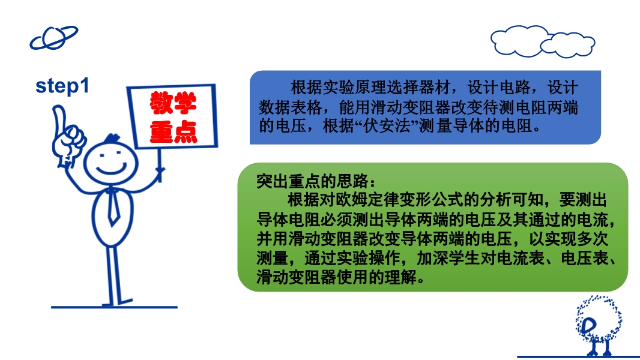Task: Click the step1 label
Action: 62,86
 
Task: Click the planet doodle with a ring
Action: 53,38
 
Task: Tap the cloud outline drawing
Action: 543,41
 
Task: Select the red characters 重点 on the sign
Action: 174,131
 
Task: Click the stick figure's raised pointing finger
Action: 59,118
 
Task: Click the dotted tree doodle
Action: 598,325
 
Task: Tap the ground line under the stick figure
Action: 114,307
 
